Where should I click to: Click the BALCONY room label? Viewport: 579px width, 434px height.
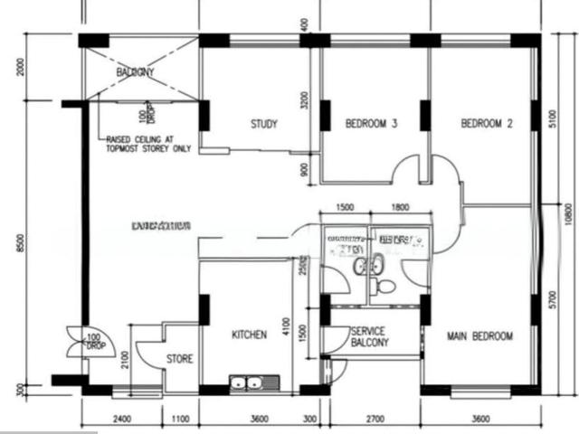tap(135, 72)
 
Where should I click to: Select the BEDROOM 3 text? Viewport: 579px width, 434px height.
tap(371, 124)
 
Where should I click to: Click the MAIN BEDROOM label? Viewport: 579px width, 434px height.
tap(479, 336)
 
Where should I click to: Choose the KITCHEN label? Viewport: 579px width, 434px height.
tap(250, 335)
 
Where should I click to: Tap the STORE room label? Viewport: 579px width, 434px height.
tap(179, 359)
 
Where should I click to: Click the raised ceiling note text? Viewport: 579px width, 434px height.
tap(148, 144)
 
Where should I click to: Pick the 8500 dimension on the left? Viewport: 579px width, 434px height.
tap(19, 244)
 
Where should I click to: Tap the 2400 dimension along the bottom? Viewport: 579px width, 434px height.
tap(122, 419)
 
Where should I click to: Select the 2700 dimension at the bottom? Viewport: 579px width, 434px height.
tap(375, 419)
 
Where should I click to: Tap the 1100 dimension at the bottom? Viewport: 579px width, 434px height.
tap(180, 419)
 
